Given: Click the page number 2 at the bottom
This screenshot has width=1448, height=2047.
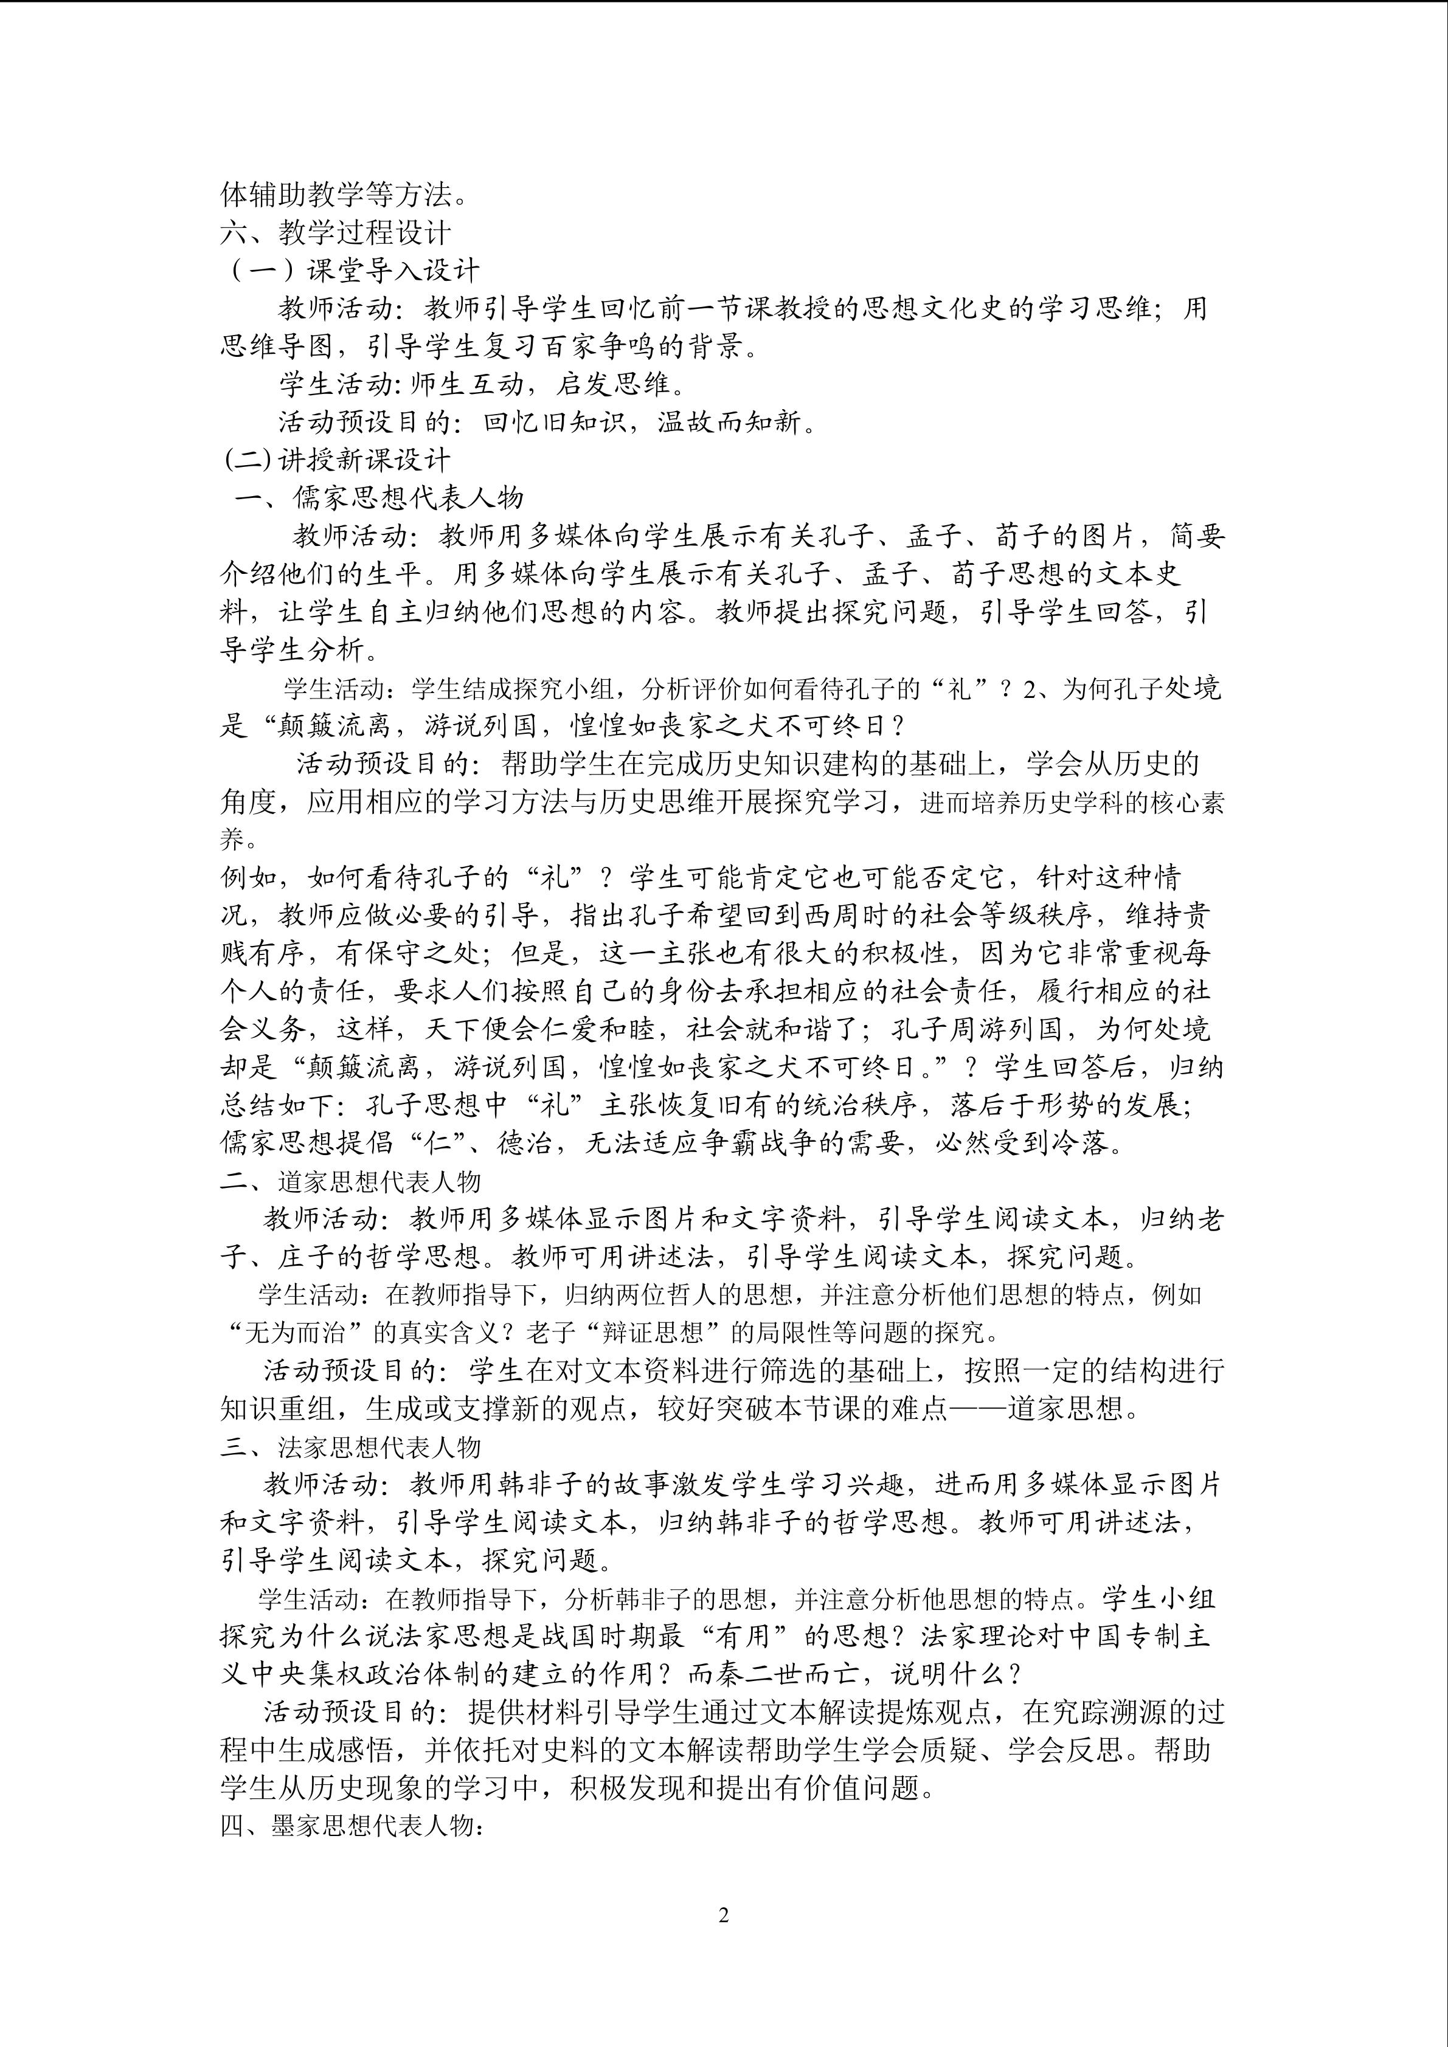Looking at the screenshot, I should (x=723, y=1915).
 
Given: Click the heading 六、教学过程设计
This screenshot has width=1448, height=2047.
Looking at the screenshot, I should (x=335, y=233).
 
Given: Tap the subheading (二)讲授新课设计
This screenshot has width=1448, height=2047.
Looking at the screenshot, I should (x=337, y=460).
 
